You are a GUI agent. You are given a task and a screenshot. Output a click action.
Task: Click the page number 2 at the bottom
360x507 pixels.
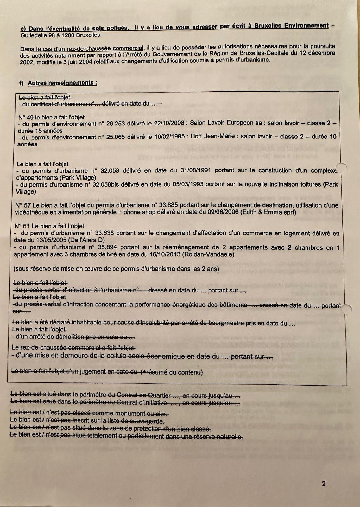[x=324, y=484]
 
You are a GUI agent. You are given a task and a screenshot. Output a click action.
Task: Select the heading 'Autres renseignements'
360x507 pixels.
[x=62, y=83]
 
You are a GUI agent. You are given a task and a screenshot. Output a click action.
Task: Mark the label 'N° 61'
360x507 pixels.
[x=22, y=226]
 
